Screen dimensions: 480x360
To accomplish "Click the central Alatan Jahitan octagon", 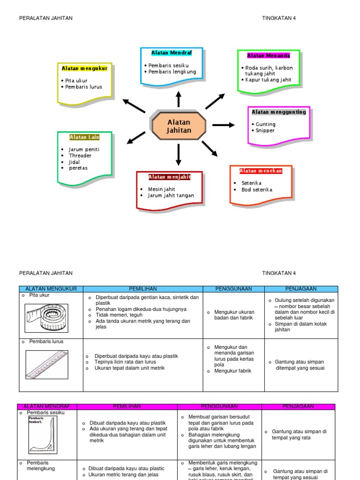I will coord(179,126).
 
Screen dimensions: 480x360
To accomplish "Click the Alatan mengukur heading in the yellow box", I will coord(84,68).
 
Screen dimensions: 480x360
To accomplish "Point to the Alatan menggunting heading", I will coord(278,112).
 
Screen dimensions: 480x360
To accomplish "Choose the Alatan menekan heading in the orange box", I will coord(261,171).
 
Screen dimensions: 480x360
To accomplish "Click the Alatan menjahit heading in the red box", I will coord(169,177).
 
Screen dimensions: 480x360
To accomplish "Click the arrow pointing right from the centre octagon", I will coord(223,125).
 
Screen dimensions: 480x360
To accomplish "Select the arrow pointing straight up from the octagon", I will coord(179,99).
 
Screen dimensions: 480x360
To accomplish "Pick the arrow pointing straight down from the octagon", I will coord(179,155).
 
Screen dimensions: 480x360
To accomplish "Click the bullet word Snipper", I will coord(265,130).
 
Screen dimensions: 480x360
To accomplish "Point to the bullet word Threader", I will coord(80,156).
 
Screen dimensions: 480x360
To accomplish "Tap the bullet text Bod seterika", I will coord(256,190).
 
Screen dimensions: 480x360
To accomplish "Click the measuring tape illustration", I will coord(46,317).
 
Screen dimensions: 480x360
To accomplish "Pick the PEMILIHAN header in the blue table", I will coord(142,289).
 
